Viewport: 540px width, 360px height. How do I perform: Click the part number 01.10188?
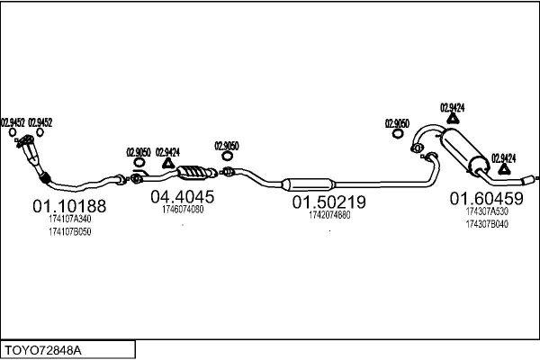pyautogui.click(x=69, y=206)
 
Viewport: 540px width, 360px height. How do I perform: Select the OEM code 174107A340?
pyautogui.click(x=69, y=219)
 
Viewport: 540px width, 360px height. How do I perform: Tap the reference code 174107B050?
pyautogui.click(x=69, y=231)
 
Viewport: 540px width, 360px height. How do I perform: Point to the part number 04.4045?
pyautogui.click(x=182, y=196)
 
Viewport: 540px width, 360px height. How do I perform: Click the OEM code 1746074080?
pyautogui.click(x=182, y=210)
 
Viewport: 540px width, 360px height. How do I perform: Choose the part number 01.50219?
pyautogui.click(x=328, y=203)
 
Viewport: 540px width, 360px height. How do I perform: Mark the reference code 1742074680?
pyautogui.click(x=328, y=215)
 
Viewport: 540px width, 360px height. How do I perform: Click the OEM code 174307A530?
pyautogui.click(x=486, y=211)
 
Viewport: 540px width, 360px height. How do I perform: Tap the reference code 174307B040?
pyautogui.click(x=486, y=223)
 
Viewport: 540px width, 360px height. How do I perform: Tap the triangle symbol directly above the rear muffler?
pyautogui.click(x=452, y=118)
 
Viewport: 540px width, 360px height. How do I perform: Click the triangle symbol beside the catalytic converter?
pyautogui.click(x=167, y=163)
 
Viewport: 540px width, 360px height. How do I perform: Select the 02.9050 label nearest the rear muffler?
pyautogui.click(x=397, y=124)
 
